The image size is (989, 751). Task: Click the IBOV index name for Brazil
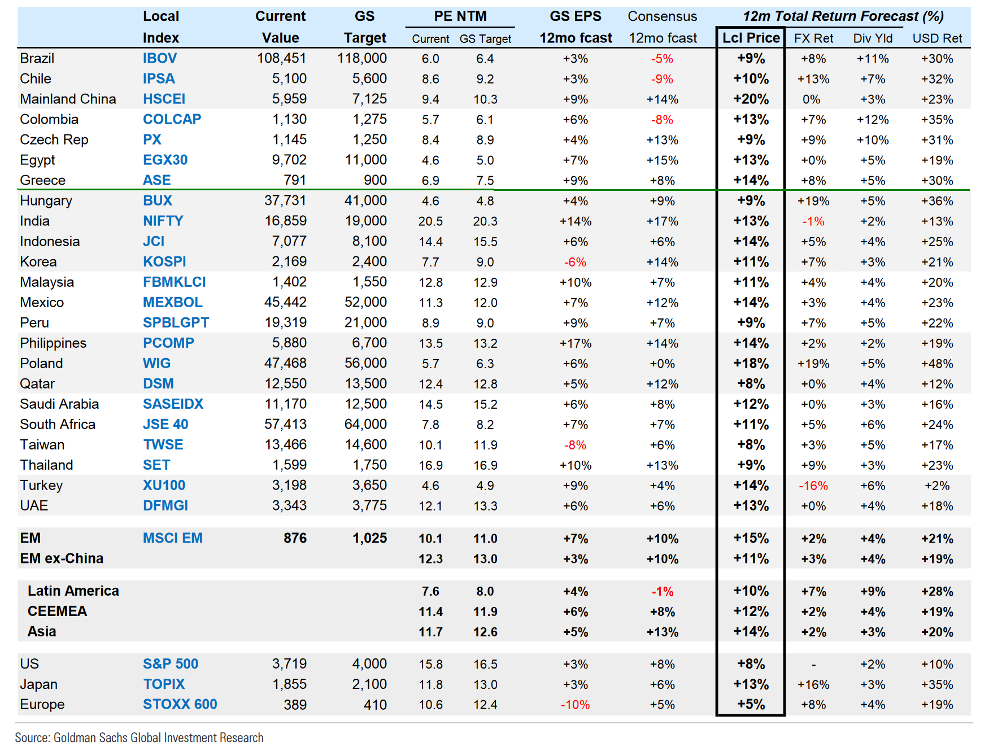(x=160, y=58)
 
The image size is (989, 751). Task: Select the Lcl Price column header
(x=751, y=38)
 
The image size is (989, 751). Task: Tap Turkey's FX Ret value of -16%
(x=813, y=486)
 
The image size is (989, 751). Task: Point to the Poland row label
(x=41, y=363)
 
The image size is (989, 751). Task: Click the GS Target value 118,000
(x=362, y=58)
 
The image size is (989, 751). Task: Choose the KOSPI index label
(x=164, y=261)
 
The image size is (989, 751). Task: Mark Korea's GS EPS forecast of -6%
(x=575, y=262)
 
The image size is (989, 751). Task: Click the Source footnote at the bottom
(x=139, y=737)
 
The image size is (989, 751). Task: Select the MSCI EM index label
(x=173, y=538)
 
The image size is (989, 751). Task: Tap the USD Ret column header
(x=937, y=38)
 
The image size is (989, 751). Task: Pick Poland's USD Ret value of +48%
(x=937, y=364)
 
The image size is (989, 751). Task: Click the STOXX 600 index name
(x=180, y=704)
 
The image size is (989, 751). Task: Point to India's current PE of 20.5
(x=430, y=221)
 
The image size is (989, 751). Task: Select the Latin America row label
(x=73, y=591)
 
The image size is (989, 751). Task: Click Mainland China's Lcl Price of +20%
(x=751, y=99)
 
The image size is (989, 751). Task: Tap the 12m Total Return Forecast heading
(x=843, y=16)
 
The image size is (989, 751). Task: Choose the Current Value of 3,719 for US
(x=289, y=663)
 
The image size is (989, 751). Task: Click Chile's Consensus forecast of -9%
(x=662, y=79)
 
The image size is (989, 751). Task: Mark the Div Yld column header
(x=873, y=38)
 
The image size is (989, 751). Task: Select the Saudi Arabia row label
(x=59, y=404)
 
